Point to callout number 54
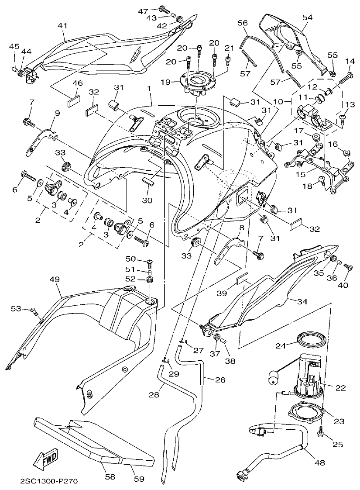pyautogui.click(x=308, y=17)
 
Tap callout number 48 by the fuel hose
pyautogui.click(x=320, y=463)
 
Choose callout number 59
pyautogui.click(x=139, y=479)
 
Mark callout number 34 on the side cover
pyautogui.click(x=302, y=302)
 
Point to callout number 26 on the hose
pyautogui.click(x=220, y=380)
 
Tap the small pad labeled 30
pyautogui.click(x=148, y=182)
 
